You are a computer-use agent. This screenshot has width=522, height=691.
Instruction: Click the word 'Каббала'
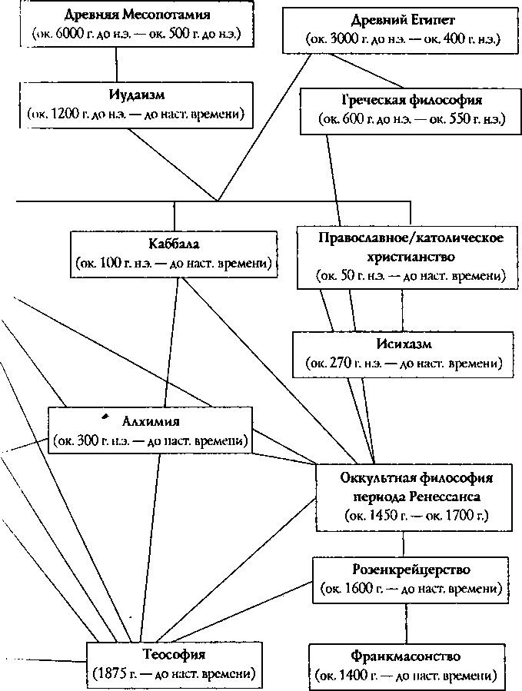[x=174, y=244]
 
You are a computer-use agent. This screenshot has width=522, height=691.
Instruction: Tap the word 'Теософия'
[x=174, y=656]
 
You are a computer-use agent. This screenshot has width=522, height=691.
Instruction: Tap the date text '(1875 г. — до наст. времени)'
[x=174, y=676]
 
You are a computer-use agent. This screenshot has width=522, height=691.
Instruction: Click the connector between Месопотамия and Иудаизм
[x=116, y=65]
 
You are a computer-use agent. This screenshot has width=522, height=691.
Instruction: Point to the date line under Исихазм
[x=403, y=362]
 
